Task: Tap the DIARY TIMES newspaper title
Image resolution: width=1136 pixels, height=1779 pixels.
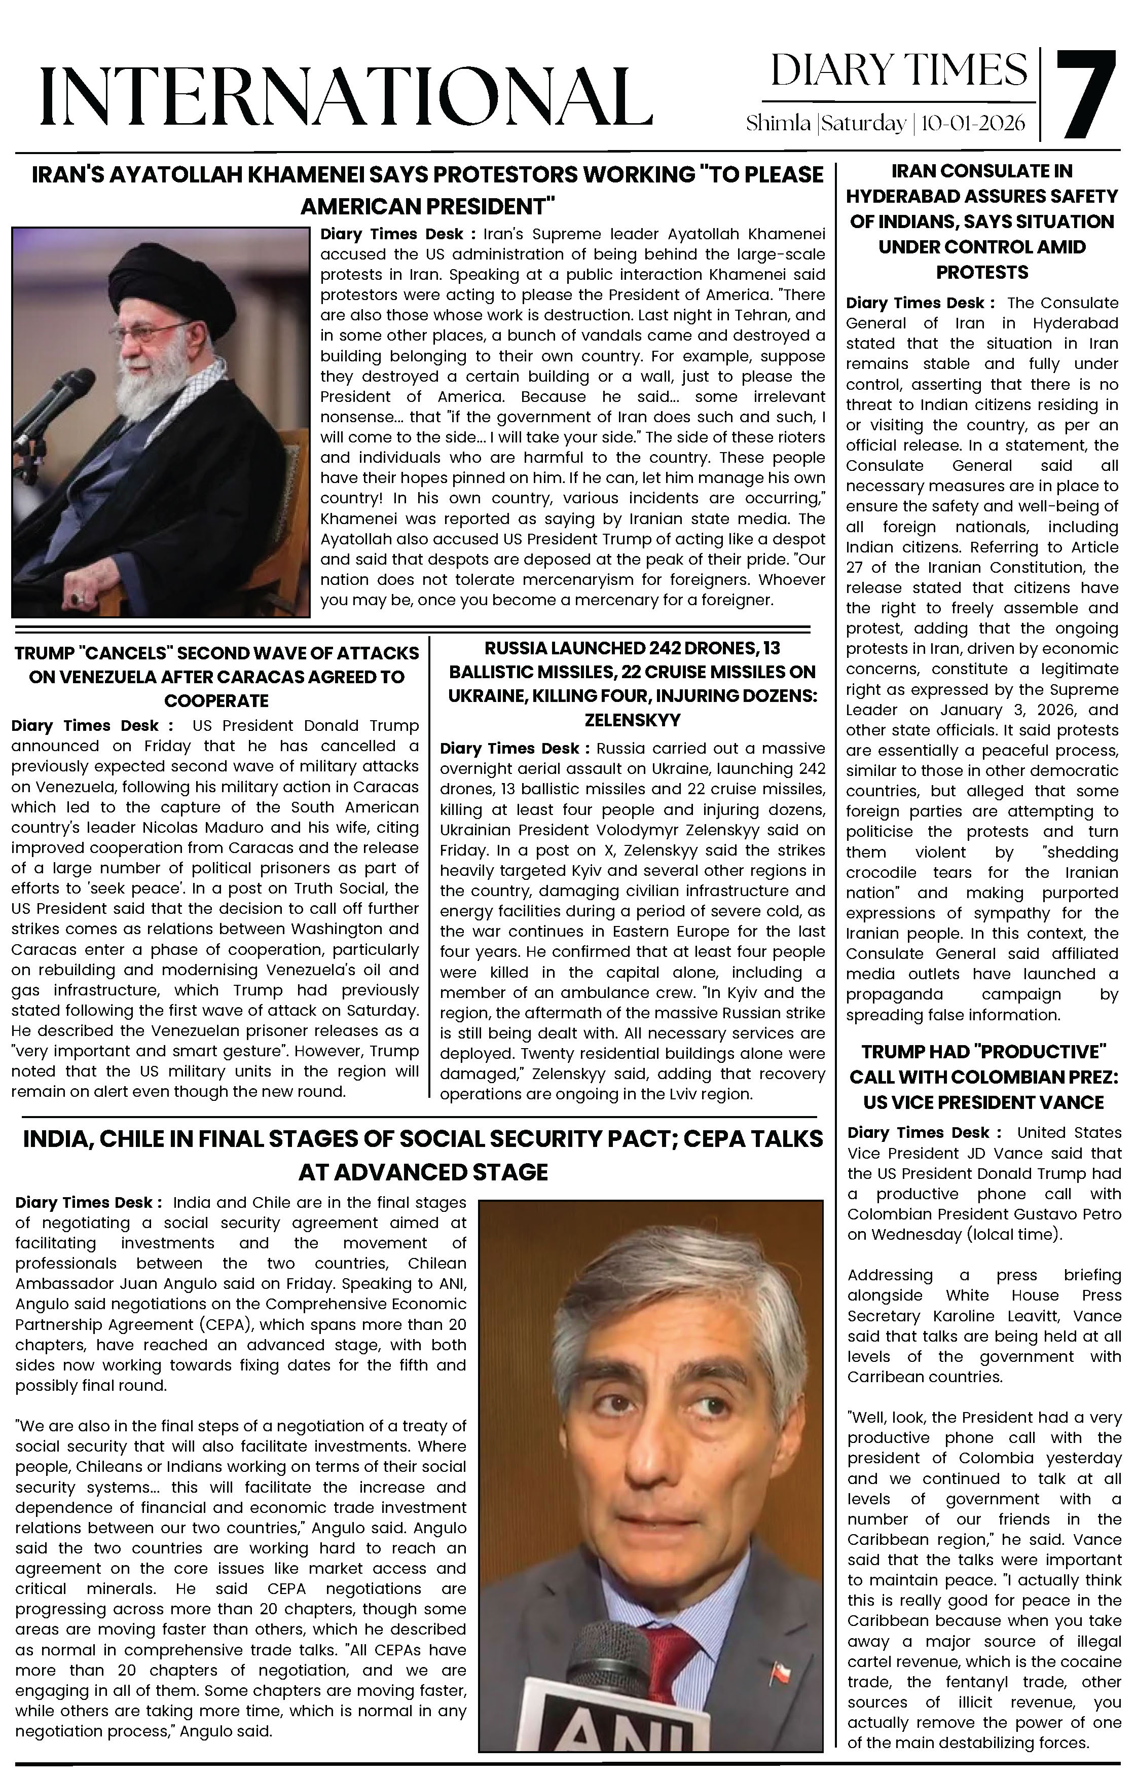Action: [x=899, y=71]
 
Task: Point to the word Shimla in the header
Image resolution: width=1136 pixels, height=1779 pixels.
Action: [x=778, y=123]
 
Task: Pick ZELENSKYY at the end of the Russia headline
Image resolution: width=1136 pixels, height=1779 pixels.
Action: [x=632, y=720]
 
